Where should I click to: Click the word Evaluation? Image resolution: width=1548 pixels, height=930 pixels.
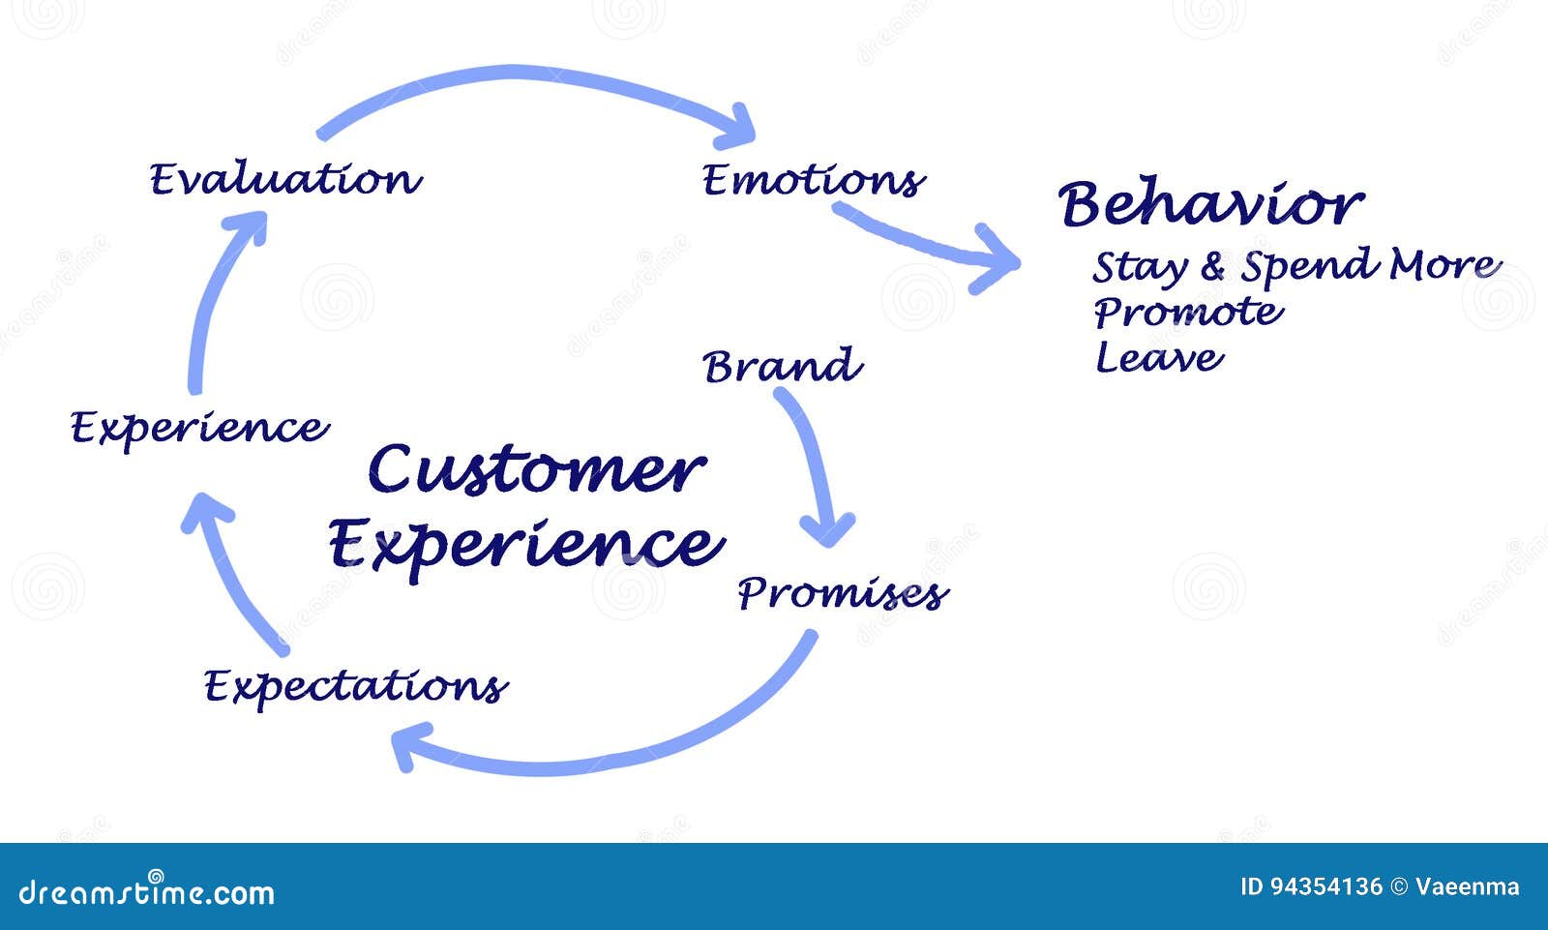tap(285, 178)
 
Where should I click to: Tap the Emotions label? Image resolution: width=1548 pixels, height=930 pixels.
tap(814, 180)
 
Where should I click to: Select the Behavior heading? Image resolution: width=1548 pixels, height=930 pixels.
tap(1210, 202)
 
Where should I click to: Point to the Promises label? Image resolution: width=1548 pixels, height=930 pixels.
tap(843, 592)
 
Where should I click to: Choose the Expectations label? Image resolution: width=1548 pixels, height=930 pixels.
tap(356, 686)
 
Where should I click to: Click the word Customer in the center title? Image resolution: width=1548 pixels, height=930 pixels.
tap(537, 469)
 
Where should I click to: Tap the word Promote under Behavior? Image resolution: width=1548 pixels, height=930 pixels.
tap(1189, 312)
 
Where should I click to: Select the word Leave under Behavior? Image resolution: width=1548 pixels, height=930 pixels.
tap(1159, 357)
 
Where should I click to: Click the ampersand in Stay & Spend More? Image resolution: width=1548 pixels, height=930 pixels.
tap(1213, 267)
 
